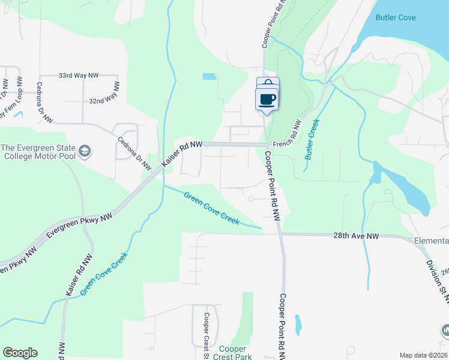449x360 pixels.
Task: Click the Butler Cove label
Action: pos(395,17)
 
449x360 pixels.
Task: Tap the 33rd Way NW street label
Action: pos(78,76)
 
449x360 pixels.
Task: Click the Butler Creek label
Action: pos(312,139)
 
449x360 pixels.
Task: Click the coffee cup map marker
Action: pos(267,99)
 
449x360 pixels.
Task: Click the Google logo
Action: pos(20,353)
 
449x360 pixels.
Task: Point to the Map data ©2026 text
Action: pos(424,355)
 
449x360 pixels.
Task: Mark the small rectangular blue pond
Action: pos(209,77)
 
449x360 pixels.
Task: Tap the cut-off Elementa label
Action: pos(431,241)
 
